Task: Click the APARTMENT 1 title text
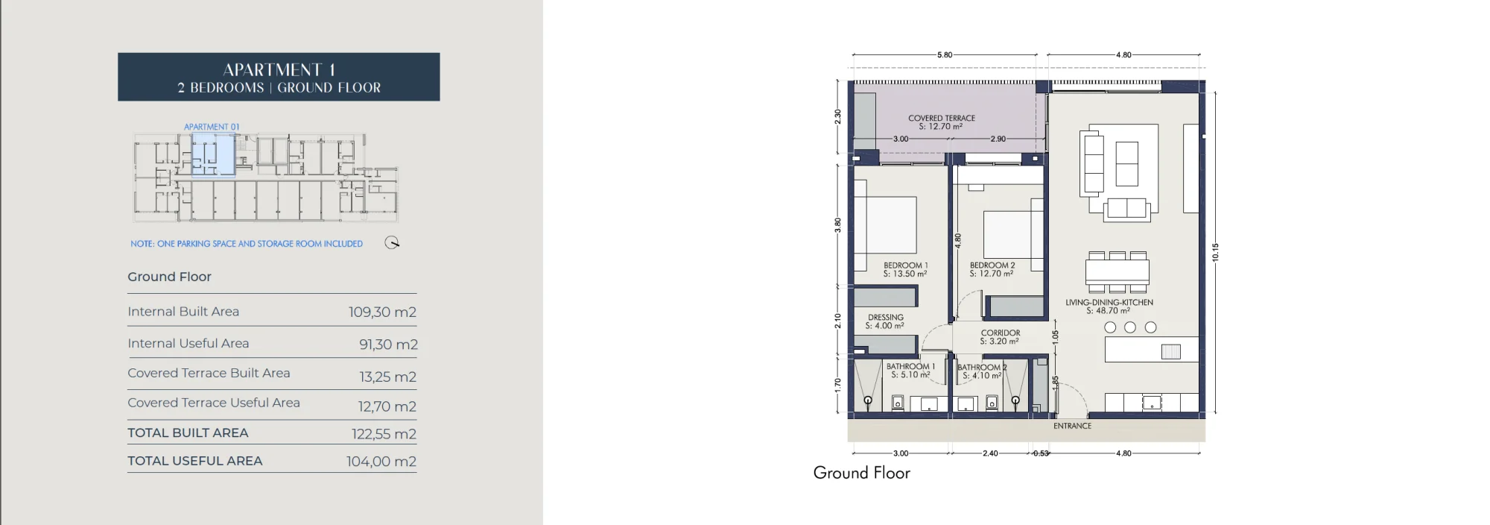[279, 69]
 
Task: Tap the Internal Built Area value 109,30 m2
[382, 312]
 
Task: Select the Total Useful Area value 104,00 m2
[381, 462]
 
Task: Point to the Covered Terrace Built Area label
[209, 373]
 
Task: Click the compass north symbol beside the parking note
[392, 242]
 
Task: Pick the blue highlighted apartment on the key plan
[213, 155]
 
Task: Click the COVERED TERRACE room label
[942, 118]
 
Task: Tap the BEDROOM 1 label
[906, 265]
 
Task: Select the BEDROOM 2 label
[992, 265]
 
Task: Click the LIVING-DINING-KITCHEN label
[1109, 302]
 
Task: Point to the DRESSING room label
[886, 317]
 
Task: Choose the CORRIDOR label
[1001, 333]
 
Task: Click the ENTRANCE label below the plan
[1073, 426]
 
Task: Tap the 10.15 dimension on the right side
[1215, 252]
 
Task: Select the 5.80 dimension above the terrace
[945, 54]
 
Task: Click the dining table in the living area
[1117, 271]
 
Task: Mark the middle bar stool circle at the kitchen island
[1130, 327]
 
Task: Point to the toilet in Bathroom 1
[898, 403]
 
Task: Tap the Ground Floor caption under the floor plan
[862, 473]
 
